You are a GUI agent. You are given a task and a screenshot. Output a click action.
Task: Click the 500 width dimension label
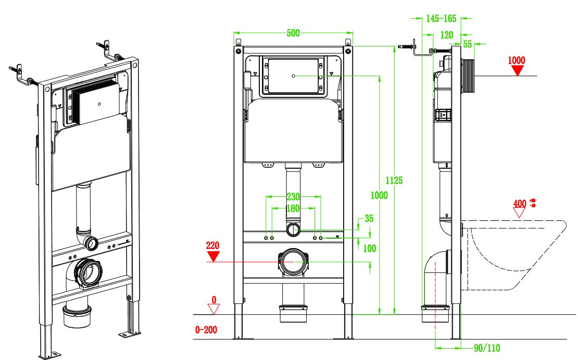click(293, 33)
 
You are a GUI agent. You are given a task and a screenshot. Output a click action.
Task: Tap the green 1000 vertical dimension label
click(379, 195)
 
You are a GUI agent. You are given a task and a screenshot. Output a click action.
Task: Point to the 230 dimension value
click(293, 197)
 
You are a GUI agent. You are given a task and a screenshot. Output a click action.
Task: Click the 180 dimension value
click(294, 208)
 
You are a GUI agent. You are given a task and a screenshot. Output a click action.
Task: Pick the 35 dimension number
click(369, 219)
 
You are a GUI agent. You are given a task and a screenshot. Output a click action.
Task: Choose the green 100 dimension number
click(369, 249)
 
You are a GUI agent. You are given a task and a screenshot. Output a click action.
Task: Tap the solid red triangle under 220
click(212, 256)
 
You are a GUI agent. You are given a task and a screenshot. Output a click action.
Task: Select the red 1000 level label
click(516, 60)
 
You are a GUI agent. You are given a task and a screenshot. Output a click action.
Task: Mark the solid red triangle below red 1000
click(517, 70)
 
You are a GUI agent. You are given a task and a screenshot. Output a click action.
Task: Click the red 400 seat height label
click(519, 203)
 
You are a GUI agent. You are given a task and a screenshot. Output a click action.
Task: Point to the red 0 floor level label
click(212, 300)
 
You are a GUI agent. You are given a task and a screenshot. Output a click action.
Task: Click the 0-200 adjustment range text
click(206, 330)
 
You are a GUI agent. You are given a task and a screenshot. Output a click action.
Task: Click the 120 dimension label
click(446, 34)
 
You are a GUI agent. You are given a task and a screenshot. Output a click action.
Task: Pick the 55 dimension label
click(468, 44)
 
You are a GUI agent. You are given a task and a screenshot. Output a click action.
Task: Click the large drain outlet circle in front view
click(293, 263)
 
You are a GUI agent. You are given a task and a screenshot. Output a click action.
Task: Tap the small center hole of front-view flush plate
click(293, 76)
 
